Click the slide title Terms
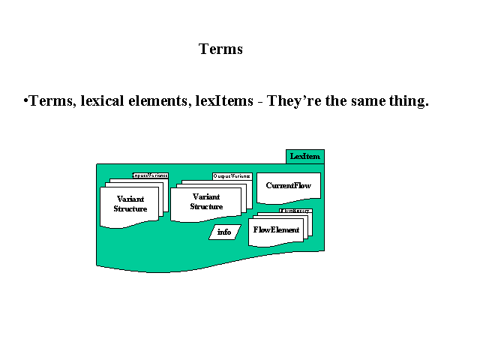(x=220, y=49)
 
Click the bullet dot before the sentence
(x=25, y=100)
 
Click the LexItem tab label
(x=305, y=156)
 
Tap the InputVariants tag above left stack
(x=150, y=175)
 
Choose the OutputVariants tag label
(x=232, y=175)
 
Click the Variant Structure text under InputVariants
(x=130, y=204)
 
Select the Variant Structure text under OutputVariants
(x=206, y=201)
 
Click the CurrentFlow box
(x=288, y=185)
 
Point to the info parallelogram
(x=224, y=232)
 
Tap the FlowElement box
(x=276, y=229)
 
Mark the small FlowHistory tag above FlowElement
(x=295, y=212)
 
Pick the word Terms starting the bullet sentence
(x=49, y=101)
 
